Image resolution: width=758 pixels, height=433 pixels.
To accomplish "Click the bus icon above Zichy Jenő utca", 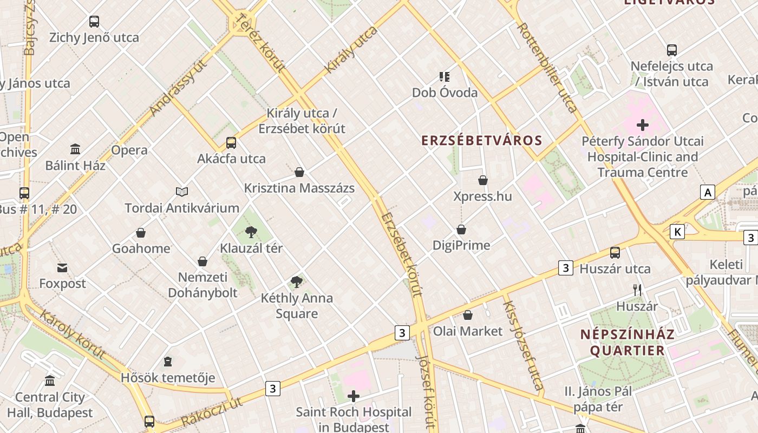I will click(x=94, y=22).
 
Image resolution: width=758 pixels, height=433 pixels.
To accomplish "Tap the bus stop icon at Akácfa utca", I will click(x=231, y=143).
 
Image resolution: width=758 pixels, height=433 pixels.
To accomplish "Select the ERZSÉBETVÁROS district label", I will click(x=481, y=141).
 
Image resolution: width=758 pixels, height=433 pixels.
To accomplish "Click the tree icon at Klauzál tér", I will click(x=251, y=232).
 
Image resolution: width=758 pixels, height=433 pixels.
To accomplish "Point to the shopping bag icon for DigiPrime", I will click(x=461, y=229).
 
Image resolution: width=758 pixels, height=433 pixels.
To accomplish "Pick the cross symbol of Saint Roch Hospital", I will click(x=354, y=396).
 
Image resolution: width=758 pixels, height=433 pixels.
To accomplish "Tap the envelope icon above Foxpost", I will click(x=62, y=268).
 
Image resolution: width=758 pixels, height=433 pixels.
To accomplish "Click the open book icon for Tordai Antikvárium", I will click(x=182, y=192).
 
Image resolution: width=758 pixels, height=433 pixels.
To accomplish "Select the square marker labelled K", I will click(x=677, y=232).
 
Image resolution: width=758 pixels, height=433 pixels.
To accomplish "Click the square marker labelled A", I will click(x=707, y=192).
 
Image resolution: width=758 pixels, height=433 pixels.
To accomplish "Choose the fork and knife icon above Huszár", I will click(x=637, y=290).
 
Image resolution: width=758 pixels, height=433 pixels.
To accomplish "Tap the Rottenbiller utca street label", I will click(x=547, y=67).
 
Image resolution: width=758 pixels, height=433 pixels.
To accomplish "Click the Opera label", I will click(x=129, y=150).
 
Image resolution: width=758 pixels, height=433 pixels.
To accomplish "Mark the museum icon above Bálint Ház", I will click(x=75, y=149).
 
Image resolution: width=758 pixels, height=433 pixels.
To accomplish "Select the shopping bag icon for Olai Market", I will click(x=468, y=315).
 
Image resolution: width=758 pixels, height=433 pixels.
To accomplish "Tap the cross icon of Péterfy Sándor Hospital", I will click(x=643, y=126).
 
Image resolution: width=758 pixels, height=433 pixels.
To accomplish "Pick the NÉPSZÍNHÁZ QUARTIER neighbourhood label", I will click(x=628, y=342).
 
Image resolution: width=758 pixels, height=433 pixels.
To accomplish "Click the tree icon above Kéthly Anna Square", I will click(x=296, y=281).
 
